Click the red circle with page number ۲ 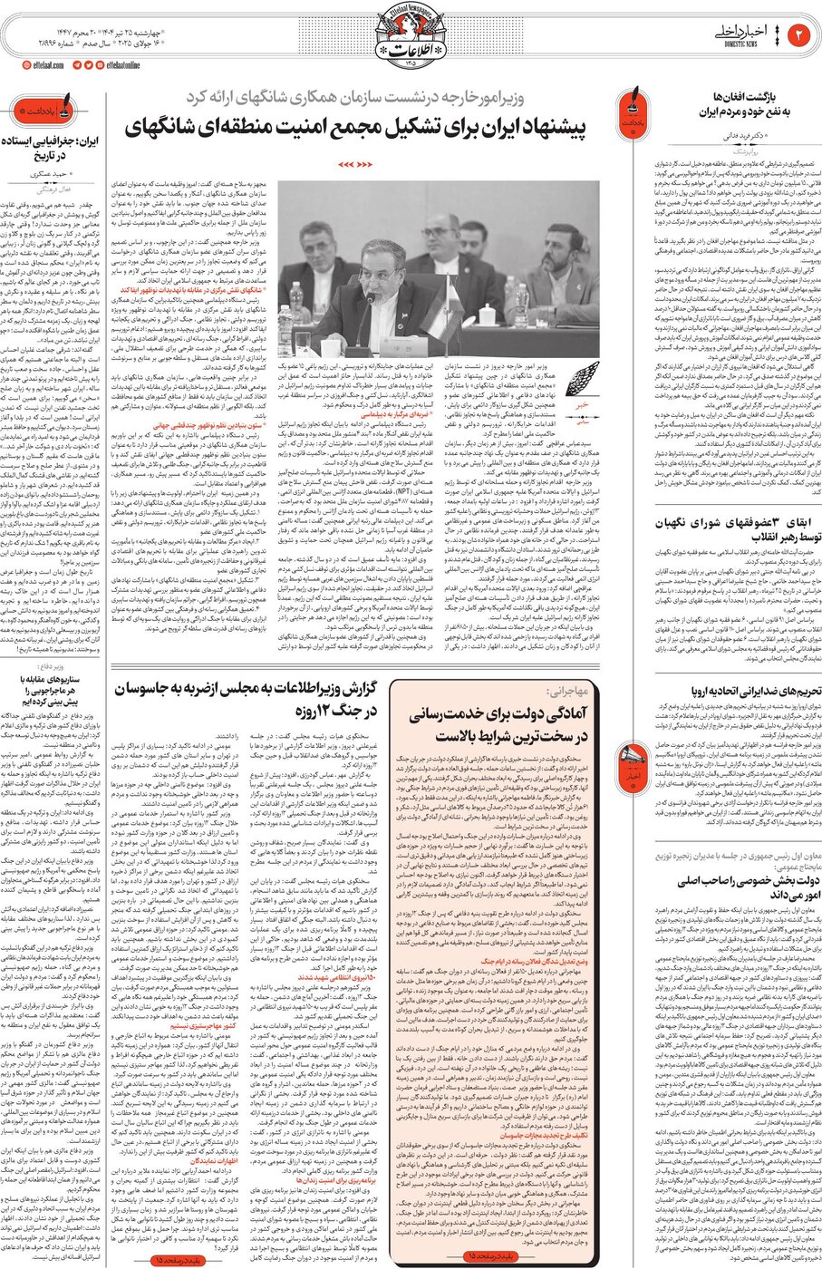pos(799,35)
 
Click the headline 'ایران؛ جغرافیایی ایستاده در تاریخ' pos(51,149)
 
